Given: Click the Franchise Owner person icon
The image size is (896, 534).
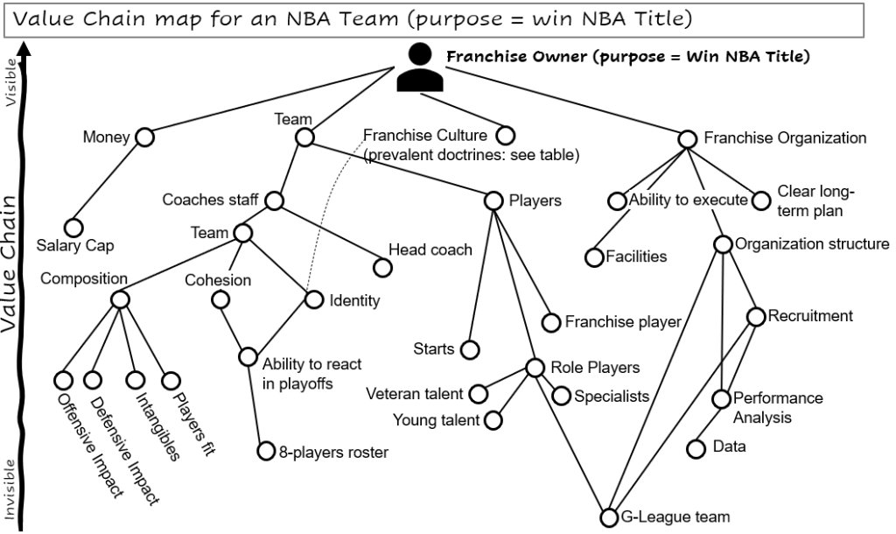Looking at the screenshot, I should pos(420,67).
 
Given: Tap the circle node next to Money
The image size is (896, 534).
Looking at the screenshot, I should pos(144,137).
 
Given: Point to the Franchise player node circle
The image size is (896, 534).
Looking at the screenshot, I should pos(550,322).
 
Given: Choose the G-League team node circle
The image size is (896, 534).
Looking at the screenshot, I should pos(609,516).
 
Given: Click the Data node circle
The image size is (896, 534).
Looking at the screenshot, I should pos(696,448).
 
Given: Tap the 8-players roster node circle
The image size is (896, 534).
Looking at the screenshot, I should pos(266,452).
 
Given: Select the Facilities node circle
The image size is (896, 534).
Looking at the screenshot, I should pos(594,256).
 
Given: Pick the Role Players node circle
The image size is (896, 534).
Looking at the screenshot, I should pos(535,368).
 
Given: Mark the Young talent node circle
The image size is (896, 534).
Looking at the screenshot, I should pos(493,420).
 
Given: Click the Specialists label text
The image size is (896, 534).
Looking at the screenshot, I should pos(612,397).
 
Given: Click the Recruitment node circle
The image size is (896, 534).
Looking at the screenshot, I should pos(755,316).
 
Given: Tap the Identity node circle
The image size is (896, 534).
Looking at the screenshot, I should pos(314,299).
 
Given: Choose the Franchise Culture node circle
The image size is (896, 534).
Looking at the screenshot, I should pos(505,136).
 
